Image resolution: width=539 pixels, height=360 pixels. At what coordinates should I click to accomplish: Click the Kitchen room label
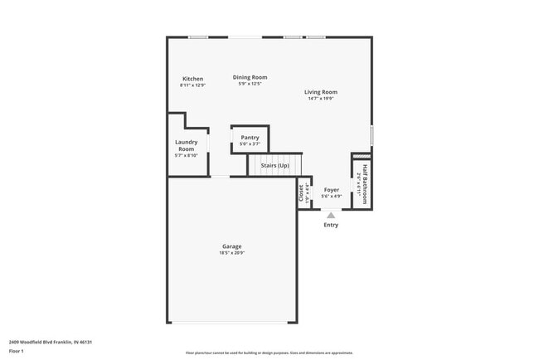192,79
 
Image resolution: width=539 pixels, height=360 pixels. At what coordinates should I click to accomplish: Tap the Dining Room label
250,77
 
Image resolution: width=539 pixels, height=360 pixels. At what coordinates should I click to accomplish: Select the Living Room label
320,92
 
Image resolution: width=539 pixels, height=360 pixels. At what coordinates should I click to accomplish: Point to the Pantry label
250,138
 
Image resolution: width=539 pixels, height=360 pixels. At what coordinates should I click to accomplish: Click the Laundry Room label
186,145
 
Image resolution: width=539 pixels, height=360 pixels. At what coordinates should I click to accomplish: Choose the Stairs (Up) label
275,166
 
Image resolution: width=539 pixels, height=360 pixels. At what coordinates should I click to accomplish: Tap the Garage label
231,246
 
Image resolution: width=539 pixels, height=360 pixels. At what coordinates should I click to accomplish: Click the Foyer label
332,190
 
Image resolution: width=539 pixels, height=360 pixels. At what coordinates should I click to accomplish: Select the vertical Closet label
301,192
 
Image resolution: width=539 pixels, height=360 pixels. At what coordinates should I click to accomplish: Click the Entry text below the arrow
331,225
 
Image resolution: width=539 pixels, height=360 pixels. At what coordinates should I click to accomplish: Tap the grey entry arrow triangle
331,214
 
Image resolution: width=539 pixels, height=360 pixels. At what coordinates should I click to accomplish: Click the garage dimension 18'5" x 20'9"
231,253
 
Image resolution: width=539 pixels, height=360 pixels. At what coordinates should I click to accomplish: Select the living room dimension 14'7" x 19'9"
320,99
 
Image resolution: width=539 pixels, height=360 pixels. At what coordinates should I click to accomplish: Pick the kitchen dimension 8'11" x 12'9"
192,85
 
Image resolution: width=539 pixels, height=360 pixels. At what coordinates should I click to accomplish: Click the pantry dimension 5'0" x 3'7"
250,144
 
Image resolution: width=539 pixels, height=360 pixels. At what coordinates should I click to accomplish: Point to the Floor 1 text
17,351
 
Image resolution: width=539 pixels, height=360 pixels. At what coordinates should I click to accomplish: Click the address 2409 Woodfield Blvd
50,342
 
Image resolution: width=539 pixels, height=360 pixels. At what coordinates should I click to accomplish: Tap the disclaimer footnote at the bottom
269,353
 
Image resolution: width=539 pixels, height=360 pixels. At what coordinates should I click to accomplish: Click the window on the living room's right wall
371,135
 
